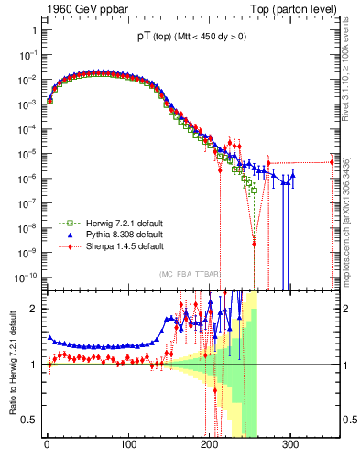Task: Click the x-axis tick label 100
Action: tap(128, 445)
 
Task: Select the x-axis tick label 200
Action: tap(209, 445)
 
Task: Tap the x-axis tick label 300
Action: tap(290, 445)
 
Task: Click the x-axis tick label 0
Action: tap(47, 445)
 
